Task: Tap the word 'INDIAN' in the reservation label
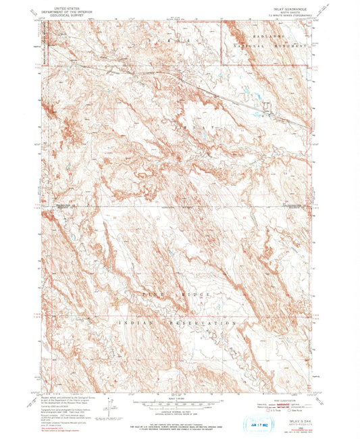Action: pyautogui.click(x=138, y=324)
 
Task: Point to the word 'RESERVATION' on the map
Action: pyautogui.click(x=203, y=324)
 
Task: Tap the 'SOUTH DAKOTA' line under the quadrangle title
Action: pyautogui.click(x=287, y=13)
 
